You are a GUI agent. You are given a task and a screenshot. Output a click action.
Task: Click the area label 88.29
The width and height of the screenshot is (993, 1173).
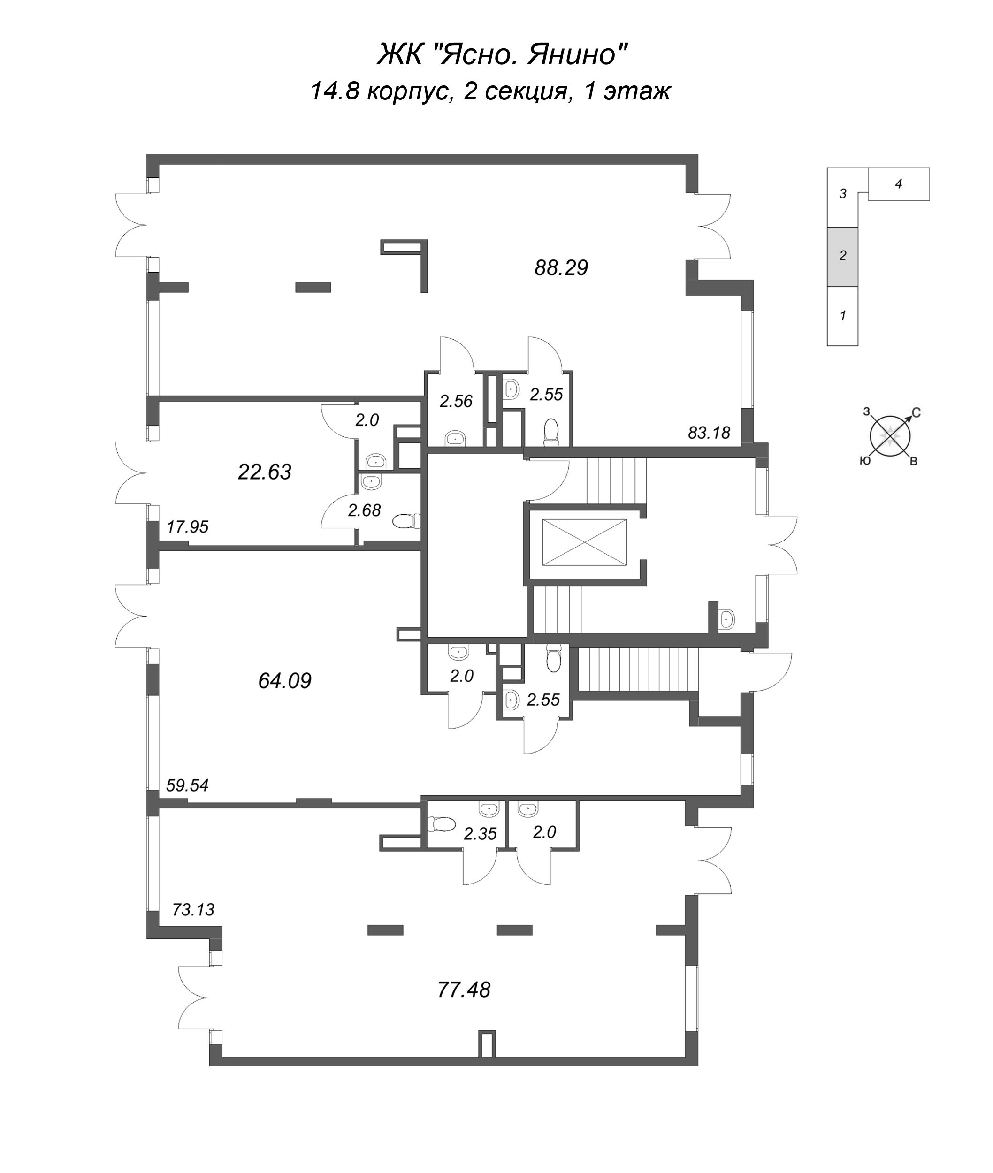tap(561, 267)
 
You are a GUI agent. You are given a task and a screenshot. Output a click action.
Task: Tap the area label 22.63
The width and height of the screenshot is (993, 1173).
tap(265, 472)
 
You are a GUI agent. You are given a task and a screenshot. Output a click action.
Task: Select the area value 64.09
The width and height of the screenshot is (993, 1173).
tap(285, 681)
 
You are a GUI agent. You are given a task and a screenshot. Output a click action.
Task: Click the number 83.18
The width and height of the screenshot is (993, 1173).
tap(709, 433)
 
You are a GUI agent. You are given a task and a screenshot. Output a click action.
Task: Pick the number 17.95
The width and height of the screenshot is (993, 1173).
tap(187, 527)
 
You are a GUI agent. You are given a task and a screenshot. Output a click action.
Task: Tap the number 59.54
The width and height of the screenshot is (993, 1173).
tap(187, 785)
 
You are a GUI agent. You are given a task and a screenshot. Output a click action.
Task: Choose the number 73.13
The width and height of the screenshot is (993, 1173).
tap(193, 910)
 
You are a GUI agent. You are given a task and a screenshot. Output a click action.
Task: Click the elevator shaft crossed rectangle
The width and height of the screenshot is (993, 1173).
tap(584, 542)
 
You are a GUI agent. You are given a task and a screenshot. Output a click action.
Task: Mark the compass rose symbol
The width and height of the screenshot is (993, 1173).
tap(890, 436)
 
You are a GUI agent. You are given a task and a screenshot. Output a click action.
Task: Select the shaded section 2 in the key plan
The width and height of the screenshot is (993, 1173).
tap(842, 257)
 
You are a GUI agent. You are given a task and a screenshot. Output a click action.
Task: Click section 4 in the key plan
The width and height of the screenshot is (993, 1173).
tap(898, 184)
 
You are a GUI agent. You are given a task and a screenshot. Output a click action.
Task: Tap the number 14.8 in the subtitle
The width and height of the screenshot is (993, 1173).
tap(335, 91)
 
